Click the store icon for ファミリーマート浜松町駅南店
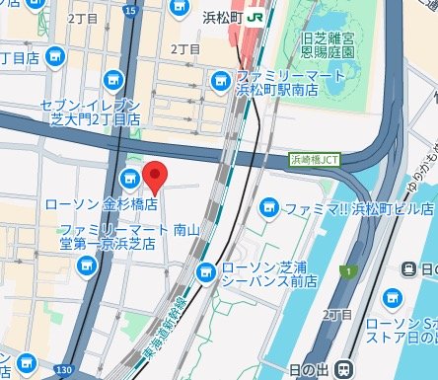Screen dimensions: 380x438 tap(219, 80)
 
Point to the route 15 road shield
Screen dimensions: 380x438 tap(132, 10)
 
